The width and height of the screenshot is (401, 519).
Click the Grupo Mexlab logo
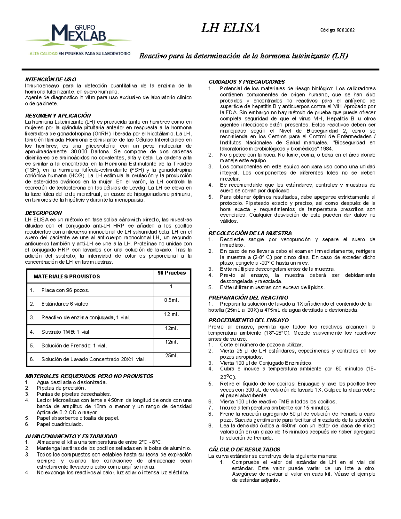pyautogui.click(x=79, y=39)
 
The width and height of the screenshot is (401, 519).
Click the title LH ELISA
pyautogui.click(x=230, y=28)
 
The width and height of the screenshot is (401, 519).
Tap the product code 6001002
pyautogui.click(x=338, y=30)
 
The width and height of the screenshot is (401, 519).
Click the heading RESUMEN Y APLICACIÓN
pyautogui.click(x=58, y=116)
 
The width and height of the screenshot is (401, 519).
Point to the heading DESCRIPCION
pyautogui.click(x=44, y=213)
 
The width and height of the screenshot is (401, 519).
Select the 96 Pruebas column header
pyautogui.click(x=172, y=273)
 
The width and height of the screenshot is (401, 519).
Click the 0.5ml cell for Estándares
pyautogui.click(x=172, y=300)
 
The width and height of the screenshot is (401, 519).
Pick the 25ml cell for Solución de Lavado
pyautogui.click(x=172, y=356)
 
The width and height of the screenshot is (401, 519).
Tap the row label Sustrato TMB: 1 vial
pyautogui.click(x=65, y=332)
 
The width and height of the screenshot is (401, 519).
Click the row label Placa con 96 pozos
pyautogui.click(x=65, y=290)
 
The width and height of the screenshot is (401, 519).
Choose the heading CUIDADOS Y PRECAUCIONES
pyautogui.click(x=247, y=82)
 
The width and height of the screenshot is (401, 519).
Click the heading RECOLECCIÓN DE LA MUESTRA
pyautogui.click(x=250, y=233)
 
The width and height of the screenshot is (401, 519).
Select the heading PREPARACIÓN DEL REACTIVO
pyautogui.click(x=248, y=298)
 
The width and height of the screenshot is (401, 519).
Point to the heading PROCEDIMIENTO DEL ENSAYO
pyautogui.click(x=248, y=320)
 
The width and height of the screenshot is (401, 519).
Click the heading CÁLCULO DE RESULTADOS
pyautogui.click(x=244, y=450)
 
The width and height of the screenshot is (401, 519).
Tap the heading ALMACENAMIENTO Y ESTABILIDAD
pyautogui.click(x=71, y=436)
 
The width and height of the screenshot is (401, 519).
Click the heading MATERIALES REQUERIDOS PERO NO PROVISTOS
pyautogui.click(x=89, y=376)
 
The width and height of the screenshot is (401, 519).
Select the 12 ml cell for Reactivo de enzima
pyautogui.click(x=172, y=314)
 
